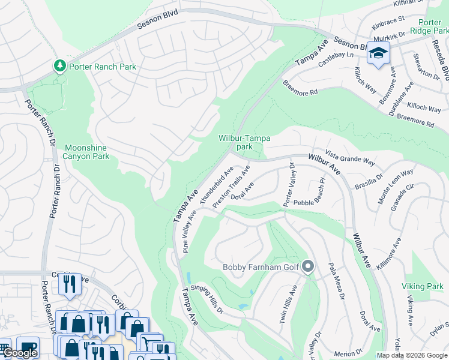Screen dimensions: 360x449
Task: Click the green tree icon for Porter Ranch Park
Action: click(60, 66)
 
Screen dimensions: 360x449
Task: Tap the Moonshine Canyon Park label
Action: click(87, 152)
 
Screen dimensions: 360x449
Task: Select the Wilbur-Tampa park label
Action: click(244, 142)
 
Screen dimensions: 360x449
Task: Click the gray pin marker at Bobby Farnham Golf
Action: click(309, 266)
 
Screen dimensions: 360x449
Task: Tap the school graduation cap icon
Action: click(378, 54)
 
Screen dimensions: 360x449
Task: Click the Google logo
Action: click(20, 353)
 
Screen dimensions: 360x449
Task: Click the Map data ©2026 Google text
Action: click(412, 355)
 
